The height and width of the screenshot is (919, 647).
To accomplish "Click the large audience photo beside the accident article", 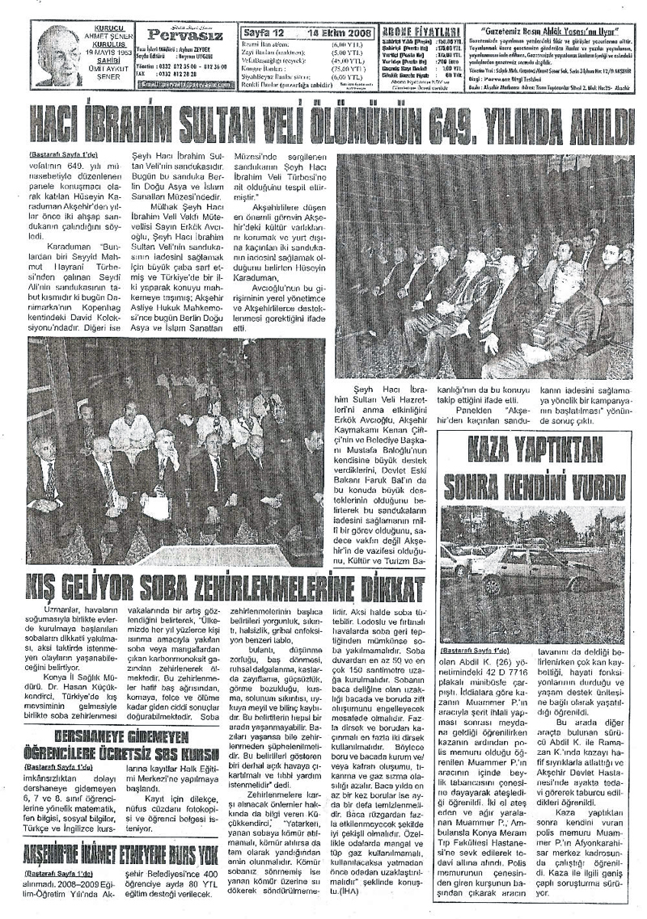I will (484, 267).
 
